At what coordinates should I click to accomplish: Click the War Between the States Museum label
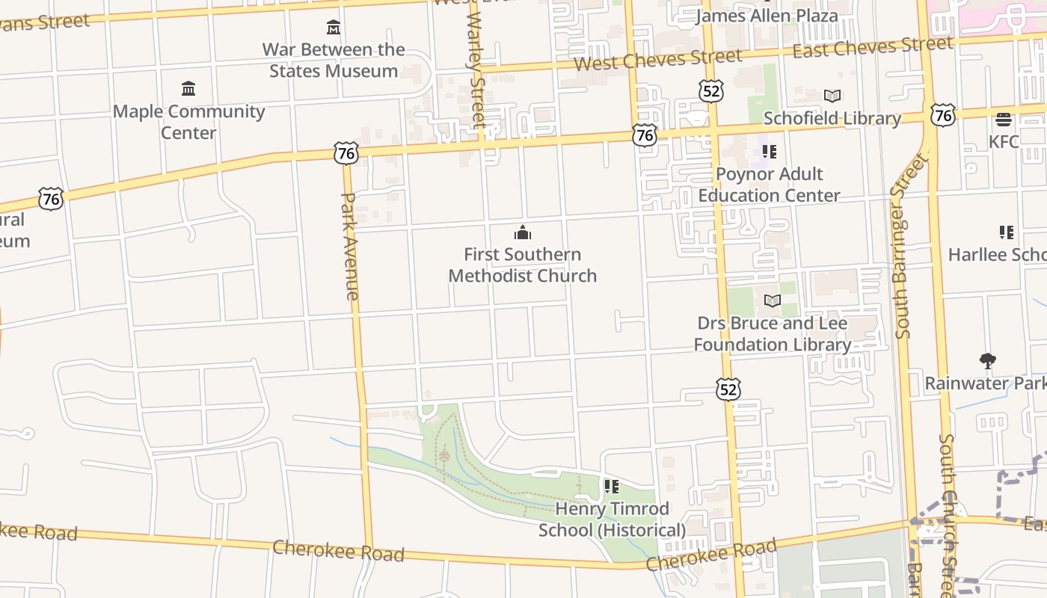tap(334, 61)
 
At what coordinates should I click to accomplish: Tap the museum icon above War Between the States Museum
tap(334, 28)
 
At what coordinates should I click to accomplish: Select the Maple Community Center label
tap(188, 122)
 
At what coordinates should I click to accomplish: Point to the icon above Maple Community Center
tap(188, 89)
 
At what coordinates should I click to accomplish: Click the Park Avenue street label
tap(350, 246)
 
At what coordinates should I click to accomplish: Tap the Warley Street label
tap(476, 71)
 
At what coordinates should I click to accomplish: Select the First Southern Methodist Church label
tap(523, 265)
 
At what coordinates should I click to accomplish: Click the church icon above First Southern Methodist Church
tap(523, 233)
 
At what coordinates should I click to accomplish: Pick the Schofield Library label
tap(832, 119)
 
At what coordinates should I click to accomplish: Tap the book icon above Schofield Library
tap(832, 96)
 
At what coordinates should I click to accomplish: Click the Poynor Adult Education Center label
tap(770, 185)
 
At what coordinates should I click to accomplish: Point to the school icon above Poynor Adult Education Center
tap(770, 152)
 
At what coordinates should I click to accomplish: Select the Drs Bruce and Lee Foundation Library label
tap(772, 334)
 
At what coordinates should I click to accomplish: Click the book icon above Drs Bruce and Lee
tap(772, 301)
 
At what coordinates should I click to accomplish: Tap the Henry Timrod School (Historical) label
tap(612, 520)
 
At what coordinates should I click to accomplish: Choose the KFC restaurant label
tap(1004, 142)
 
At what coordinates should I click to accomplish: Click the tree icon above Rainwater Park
tap(988, 361)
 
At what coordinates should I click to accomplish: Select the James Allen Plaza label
tap(767, 16)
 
